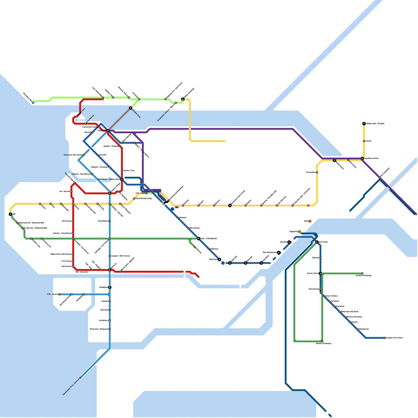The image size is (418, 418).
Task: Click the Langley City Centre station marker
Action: tap(385, 338)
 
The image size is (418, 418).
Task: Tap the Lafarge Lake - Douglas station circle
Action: tap(364, 124)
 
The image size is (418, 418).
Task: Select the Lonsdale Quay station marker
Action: tap(131, 108)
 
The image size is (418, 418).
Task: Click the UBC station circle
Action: tap(10, 214)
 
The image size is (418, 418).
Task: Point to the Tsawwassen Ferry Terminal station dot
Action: tap(80, 378)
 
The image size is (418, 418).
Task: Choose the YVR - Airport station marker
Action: tap(59, 294)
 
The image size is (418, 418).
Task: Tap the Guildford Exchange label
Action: tap(363, 276)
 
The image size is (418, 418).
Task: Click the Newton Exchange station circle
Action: tap(322, 341)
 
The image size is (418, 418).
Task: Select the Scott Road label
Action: tap(323, 242)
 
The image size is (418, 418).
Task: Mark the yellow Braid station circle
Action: tap(310, 221)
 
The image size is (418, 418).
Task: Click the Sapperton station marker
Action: tap(299, 232)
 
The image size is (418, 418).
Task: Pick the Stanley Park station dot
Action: tap(77, 117)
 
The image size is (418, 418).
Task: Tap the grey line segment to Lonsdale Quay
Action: tap(119, 119)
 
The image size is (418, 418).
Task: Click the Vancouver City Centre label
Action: tap(73, 155)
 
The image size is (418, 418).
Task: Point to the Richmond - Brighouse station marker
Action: tap(110, 329)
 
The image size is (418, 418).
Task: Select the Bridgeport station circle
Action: tap(110, 287)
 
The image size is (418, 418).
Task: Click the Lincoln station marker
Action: tap(364, 141)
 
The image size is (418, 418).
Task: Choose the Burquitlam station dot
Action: tap(317, 172)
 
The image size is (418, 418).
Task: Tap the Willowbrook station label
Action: tap(363, 329)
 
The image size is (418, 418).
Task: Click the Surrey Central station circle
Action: tap(320, 274)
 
